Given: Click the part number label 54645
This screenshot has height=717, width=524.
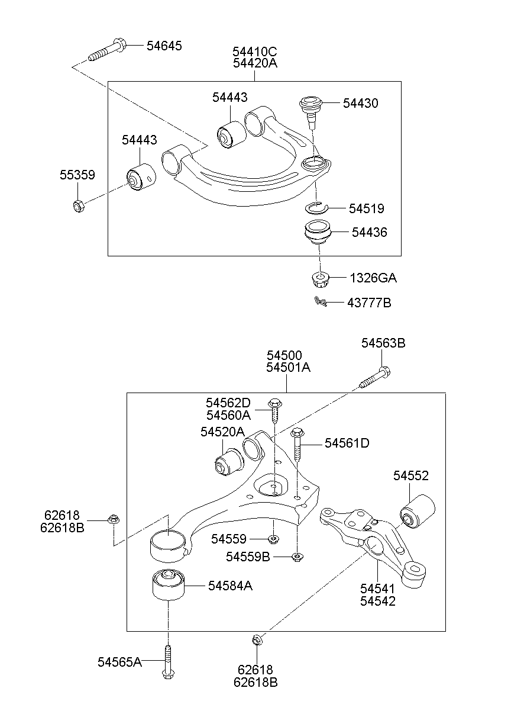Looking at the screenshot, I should pyautogui.click(x=164, y=46).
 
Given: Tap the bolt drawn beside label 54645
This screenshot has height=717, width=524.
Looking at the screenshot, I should pyautogui.click(x=106, y=51).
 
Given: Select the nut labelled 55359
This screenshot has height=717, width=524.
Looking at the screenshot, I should pyautogui.click(x=78, y=205).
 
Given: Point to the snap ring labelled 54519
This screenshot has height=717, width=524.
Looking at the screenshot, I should pyautogui.click(x=317, y=207).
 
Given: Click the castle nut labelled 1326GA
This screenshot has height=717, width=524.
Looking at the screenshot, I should pyautogui.click(x=319, y=278).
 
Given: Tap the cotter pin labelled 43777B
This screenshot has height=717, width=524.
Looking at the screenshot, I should pyautogui.click(x=321, y=302).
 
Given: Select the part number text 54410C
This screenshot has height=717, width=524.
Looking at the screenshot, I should pyautogui.click(x=255, y=52).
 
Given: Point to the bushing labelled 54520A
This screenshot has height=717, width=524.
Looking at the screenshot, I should pyautogui.click(x=226, y=462).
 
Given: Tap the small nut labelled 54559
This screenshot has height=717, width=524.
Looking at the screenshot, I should pyautogui.click(x=273, y=539).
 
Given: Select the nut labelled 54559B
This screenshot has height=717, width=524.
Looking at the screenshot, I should pyautogui.click(x=297, y=557).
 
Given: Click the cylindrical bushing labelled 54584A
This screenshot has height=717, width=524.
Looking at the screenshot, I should pyautogui.click(x=167, y=584).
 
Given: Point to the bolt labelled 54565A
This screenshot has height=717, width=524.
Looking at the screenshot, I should pyautogui.click(x=168, y=663).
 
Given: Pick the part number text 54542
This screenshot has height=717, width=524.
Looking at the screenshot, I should pyautogui.click(x=378, y=601).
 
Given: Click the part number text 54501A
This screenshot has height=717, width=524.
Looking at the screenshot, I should pyautogui.click(x=288, y=367).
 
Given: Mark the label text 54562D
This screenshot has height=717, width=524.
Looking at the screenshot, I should pyautogui.click(x=228, y=403).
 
